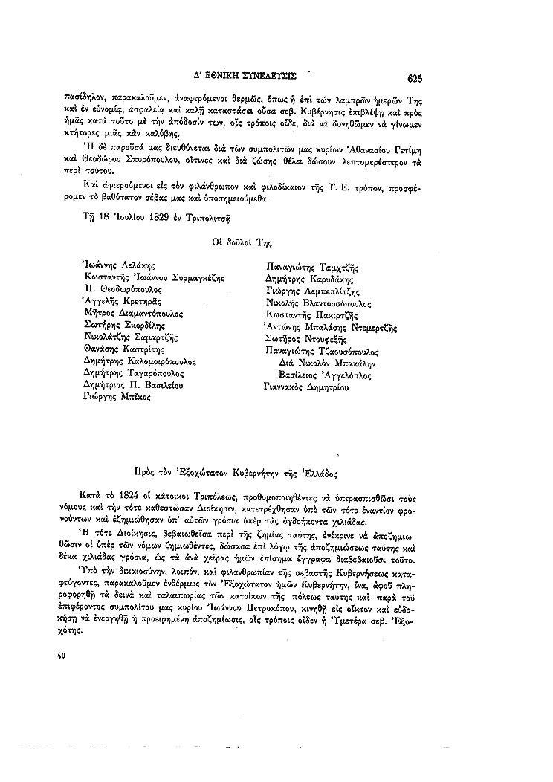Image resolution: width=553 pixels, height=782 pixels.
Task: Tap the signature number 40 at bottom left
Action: coord(62,656)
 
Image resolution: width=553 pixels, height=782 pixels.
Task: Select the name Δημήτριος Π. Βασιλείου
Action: coord(134,385)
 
